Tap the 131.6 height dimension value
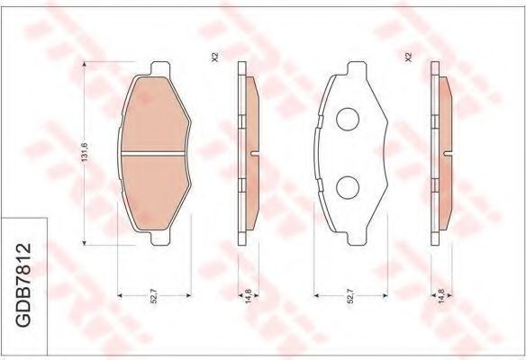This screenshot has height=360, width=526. click(84, 154)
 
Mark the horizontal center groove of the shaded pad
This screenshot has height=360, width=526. click(154, 154)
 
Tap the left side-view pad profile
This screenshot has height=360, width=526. click(246, 153)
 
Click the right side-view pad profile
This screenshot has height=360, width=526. click(440, 153)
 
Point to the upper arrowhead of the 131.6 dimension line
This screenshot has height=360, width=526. click(84, 67)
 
